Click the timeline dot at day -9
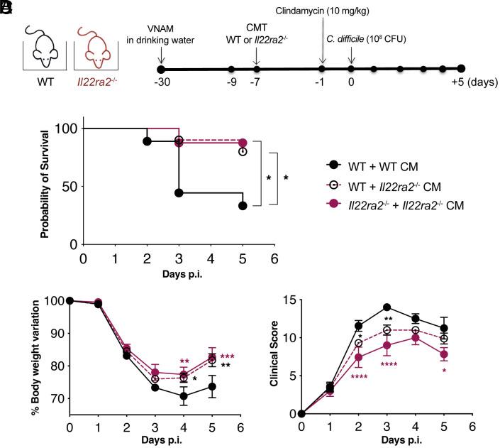pyautogui.click(x=232, y=70)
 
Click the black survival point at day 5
pyautogui.click(x=243, y=206)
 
